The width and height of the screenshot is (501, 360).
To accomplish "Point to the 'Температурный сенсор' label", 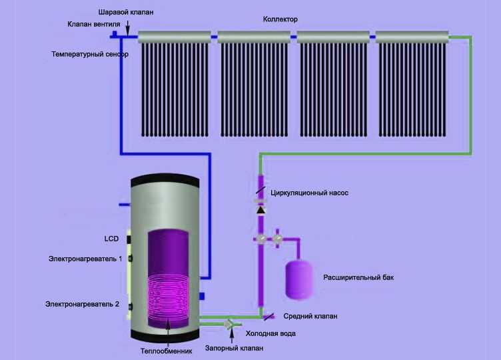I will coord(90,54).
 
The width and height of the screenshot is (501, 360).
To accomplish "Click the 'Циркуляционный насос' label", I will coord(310,193).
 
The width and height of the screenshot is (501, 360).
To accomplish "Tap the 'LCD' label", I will coord(111,238).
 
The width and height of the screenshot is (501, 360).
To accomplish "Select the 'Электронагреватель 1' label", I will coord(85,258).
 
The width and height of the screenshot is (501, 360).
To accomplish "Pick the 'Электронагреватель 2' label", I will coord(83,304).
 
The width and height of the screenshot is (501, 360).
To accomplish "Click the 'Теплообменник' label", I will coord(166,351).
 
